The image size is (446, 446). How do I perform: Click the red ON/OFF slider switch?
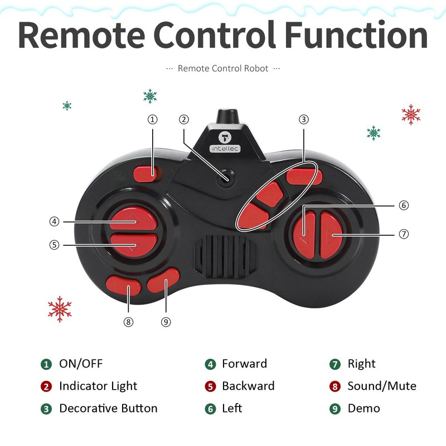point(145,174)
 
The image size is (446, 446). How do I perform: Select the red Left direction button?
point(304,234)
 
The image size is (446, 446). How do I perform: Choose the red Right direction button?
point(331,235)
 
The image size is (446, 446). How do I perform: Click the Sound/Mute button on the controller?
point(123,285)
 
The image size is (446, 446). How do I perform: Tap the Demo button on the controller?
point(163,280)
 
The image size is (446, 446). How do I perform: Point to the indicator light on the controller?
point(226,178)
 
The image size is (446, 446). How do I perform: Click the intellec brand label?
point(225,149)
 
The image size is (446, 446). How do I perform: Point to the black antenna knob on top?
point(228,116)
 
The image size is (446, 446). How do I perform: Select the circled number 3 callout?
point(304,119)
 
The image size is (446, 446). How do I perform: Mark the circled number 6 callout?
point(404,205)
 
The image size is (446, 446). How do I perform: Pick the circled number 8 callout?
point(128,322)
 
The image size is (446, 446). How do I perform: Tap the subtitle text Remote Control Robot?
point(223,68)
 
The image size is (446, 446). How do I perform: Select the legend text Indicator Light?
point(98,386)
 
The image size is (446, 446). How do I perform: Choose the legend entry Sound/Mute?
point(382,386)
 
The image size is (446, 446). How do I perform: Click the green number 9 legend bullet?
point(335,409)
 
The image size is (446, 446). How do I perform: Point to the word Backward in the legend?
point(248,386)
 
